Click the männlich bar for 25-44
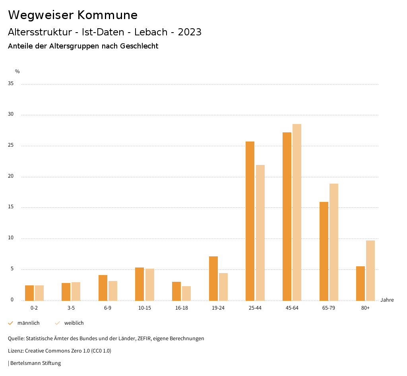[250, 221]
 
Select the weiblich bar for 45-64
[297, 212]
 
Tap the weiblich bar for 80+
[370, 270]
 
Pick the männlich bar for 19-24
[213, 278]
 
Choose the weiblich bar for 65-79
[334, 242]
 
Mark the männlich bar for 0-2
[29, 293]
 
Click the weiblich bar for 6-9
[113, 291]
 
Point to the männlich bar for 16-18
[176, 291]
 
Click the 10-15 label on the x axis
[145, 308]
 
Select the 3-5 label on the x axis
[71, 308]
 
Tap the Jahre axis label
[387, 300]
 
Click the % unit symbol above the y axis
[17, 72]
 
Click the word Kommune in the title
[107, 15]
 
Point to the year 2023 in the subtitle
[190, 32]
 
